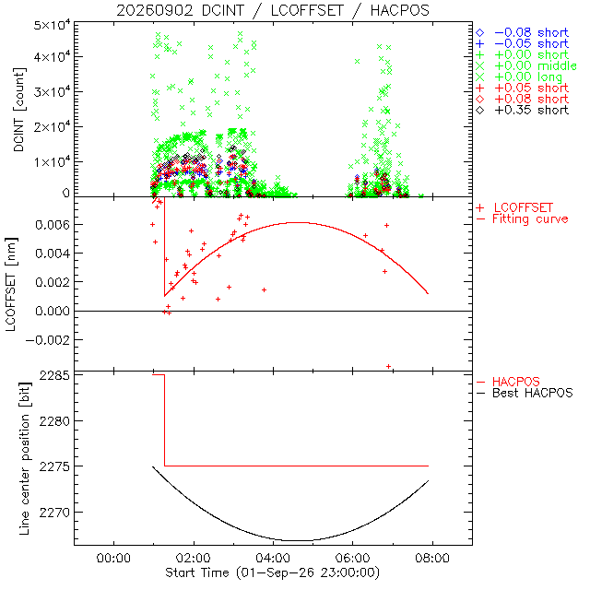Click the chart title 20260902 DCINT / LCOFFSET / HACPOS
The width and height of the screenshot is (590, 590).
[x=273, y=10]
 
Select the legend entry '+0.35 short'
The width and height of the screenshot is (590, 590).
[x=523, y=111]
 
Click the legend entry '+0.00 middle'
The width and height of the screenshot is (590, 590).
[x=526, y=65]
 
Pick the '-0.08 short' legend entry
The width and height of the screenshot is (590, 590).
[x=523, y=33]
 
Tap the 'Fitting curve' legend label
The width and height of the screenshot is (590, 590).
[x=523, y=219]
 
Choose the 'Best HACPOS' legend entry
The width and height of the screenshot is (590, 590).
[x=525, y=394]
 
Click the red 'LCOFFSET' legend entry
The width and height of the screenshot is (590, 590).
[x=514, y=207]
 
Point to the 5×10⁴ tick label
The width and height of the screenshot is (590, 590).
[x=52, y=26]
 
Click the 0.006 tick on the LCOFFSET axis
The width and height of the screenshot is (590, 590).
[x=53, y=225]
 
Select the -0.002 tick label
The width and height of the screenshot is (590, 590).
[x=47, y=340]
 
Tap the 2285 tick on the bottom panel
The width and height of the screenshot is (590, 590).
[x=54, y=375]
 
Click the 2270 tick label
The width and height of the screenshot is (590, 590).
[x=54, y=513]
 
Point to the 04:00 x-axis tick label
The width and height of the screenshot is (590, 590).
[x=273, y=558]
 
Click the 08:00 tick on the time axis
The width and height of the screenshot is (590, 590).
[x=432, y=558]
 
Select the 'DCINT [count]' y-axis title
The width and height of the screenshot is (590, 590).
[x=18, y=110]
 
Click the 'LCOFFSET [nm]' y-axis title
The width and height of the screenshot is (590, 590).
[x=11, y=285]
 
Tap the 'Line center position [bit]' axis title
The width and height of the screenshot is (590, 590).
[x=25, y=459]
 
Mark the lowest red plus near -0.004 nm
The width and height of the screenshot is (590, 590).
[x=389, y=367]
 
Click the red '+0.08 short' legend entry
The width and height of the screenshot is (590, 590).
[x=523, y=100]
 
